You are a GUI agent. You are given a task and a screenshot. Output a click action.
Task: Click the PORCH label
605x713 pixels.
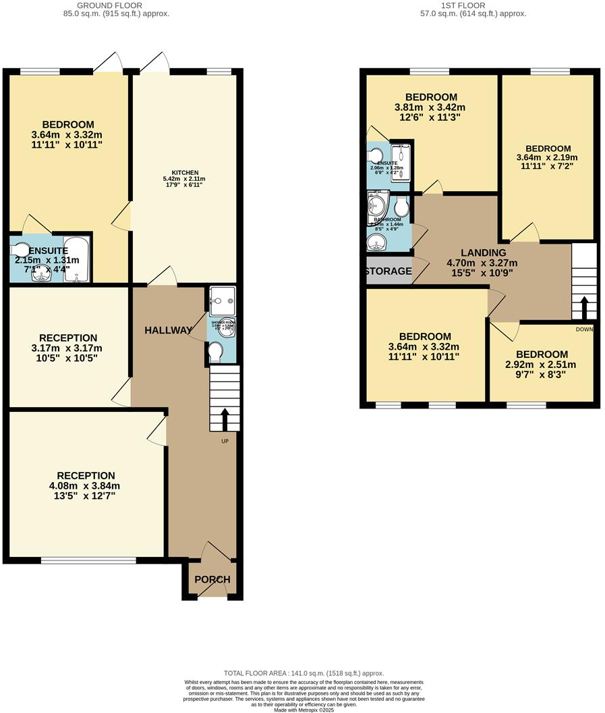212,579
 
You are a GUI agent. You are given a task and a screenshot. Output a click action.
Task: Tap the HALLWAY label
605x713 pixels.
168,330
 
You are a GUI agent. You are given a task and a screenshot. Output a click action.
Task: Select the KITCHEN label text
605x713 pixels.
184,173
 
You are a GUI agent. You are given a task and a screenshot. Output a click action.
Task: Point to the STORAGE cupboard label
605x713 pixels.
388,271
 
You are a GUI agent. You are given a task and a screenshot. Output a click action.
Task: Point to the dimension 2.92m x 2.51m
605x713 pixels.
542,365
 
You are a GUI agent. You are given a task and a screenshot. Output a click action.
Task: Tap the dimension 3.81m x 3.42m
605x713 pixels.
431,107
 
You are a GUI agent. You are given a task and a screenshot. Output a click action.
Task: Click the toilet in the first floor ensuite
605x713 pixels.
375,157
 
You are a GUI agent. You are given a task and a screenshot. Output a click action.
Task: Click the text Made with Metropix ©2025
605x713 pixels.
303,708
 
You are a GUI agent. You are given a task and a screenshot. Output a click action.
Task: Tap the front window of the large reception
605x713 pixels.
88,560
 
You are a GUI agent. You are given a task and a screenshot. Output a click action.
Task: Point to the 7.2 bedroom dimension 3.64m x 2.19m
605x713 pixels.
548,158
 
